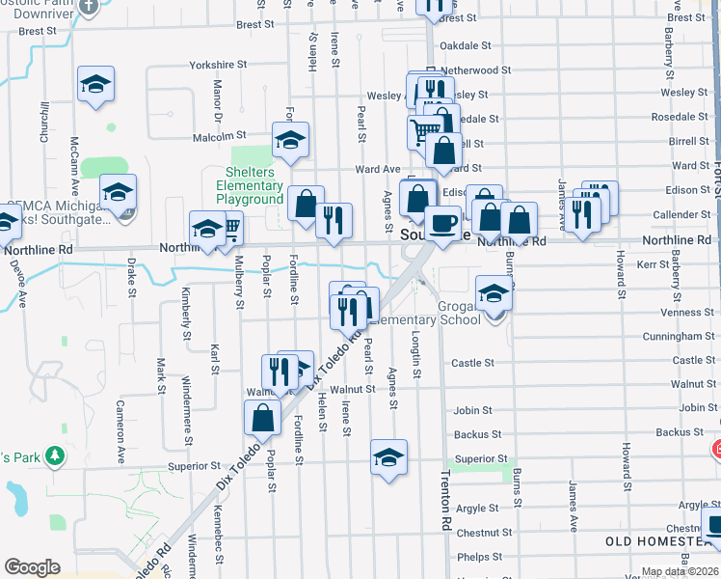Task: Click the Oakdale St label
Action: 466,45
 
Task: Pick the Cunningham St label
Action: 681,337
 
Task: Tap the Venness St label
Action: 687,313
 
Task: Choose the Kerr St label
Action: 653,263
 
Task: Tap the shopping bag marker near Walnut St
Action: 263,418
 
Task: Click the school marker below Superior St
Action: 388,456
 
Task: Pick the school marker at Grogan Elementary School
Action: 494,292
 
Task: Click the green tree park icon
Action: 55,455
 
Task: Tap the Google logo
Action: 32,567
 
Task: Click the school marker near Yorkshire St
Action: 96,84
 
